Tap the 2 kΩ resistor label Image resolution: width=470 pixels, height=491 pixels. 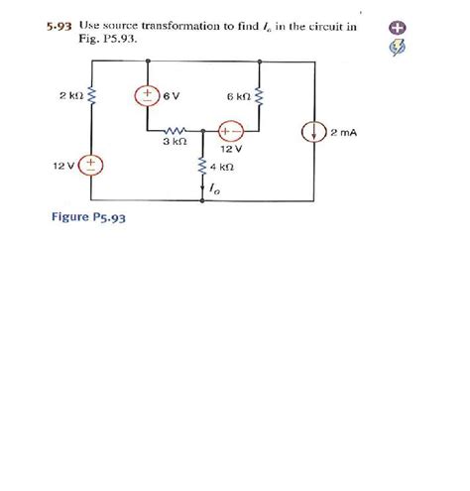[69, 96]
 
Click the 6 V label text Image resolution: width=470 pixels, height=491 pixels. [172, 96]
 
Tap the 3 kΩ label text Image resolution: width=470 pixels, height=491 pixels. [174, 143]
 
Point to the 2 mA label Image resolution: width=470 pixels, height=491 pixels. [343, 132]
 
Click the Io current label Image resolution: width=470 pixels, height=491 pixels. [215, 185]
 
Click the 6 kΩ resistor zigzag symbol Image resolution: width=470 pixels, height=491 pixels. [259, 96]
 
